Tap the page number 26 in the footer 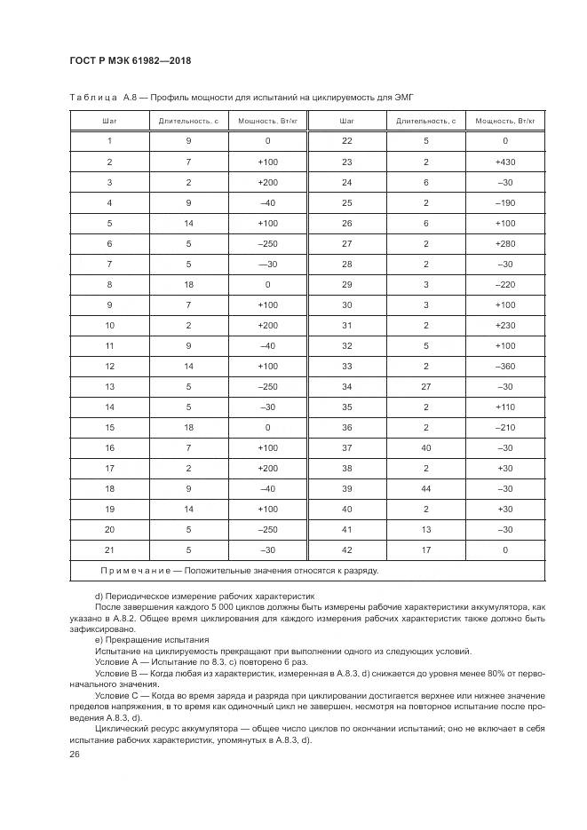pyautogui.click(x=75, y=754)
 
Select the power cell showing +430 pyautogui.click(x=504, y=162)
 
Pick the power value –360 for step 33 pyautogui.click(x=504, y=366)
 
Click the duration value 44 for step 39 pyautogui.click(x=426, y=488)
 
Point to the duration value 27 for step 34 pyautogui.click(x=426, y=386)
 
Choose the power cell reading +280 pyautogui.click(x=504, y=243)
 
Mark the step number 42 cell pyautogui.click(x=346, y=549)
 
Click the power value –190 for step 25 pyautogui.click(x=504, y=203)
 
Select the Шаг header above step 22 pyautogui.click(x=346, y=120)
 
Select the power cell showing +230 pyautogui.click(x=504, y=325)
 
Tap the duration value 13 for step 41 pyautogui.click(x=426, y=529)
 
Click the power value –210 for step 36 pyautogui.click(x=504, y=427)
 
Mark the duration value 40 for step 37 pyautogui.click(x=426, y=447)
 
